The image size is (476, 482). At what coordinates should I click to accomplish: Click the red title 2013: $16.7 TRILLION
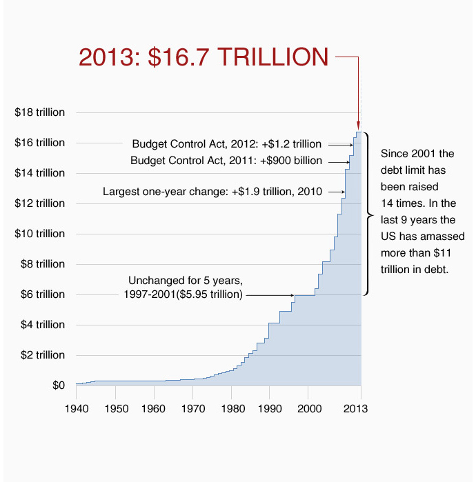(x=204, y=57)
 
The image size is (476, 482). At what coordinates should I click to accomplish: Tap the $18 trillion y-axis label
(x=40, y=112)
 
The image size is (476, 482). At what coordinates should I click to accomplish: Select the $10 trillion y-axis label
(x=40, y=234)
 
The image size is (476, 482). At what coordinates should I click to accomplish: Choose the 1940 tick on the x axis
(x=76, y=408)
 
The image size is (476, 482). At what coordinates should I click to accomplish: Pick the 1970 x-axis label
(x=192, y=408)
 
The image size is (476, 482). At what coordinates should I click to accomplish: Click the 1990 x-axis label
(x=270, y=408)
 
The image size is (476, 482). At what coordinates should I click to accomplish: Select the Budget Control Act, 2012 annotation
(x=227, y=144)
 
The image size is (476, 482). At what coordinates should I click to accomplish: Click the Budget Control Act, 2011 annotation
(x=226, y=161)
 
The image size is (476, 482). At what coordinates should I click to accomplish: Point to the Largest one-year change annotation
(x=212, y=192)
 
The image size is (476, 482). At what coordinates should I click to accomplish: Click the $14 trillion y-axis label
(x=40, y=173)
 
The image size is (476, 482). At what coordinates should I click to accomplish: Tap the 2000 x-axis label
(x=308, y=408)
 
